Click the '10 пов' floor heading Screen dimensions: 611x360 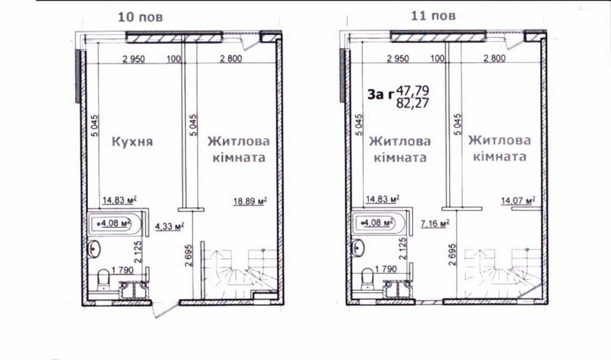pyautogui.click(x=140, y=17)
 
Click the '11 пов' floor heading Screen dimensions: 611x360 pyautogui.click(x=433, y=15)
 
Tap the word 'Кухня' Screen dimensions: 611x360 pyautogui.click(x=133, y=141)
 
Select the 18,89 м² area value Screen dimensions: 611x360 pyautogui.click(x=250, y=201)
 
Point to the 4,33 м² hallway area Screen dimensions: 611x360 pyautogui.click(x=169, y=226)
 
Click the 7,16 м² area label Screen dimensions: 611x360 pyautogui.click(x=435, y=224)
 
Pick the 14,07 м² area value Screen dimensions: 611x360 pyautogui.click(x=518, y=201)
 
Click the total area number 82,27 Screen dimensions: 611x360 pyautogui.click(x=412, y=103)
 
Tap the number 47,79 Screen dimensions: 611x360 pyautogui.click(x=412, y=91)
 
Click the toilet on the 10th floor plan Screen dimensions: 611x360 pyautogui.click(x=103, y=280)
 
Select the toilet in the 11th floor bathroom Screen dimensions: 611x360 pyautogui.click(x=368, y=279)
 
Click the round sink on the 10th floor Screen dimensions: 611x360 pyautogui.click(x=94, y=249)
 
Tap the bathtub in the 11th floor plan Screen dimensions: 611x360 pyautogui.click(x=378, y=223)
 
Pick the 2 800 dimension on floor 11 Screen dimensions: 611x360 pyautogui.click(x=494, y=59)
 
